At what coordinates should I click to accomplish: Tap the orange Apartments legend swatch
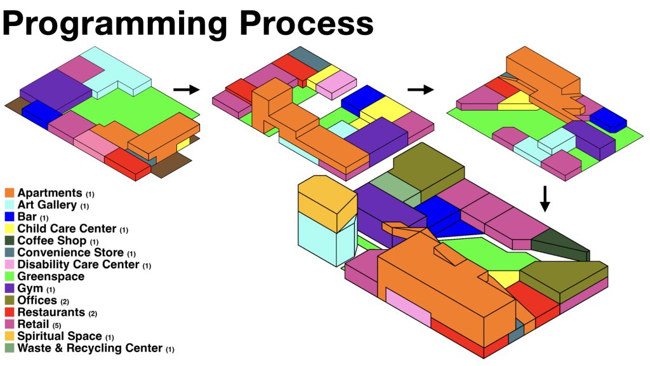pyautogui.click(x=10, y=193)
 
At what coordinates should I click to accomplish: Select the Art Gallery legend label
pyautogui.click(x=48, y=205)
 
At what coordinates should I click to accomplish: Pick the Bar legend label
pyautogui.click(x=27, y=217)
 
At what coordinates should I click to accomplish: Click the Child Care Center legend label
pyautogui.click(x=67, y=229)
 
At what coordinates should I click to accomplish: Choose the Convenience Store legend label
pyautogui.click(x=72, y=253)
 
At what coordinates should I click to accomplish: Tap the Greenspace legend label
pyautogui.click(x=51, y=276)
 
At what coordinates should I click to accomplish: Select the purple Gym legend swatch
pyautogui.click(x=10, y=288)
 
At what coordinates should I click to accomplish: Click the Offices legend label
pyautogui.click(x=37, y=301)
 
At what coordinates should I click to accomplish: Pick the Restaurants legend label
pyautogui.click(x=51, y=313)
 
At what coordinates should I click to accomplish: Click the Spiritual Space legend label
pyautogui.click(x=60, y=336)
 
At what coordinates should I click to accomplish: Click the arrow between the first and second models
pyautogui.click(x=186, y=90)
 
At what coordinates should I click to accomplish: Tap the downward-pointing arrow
pyautogui.click(x=545, y=199)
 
